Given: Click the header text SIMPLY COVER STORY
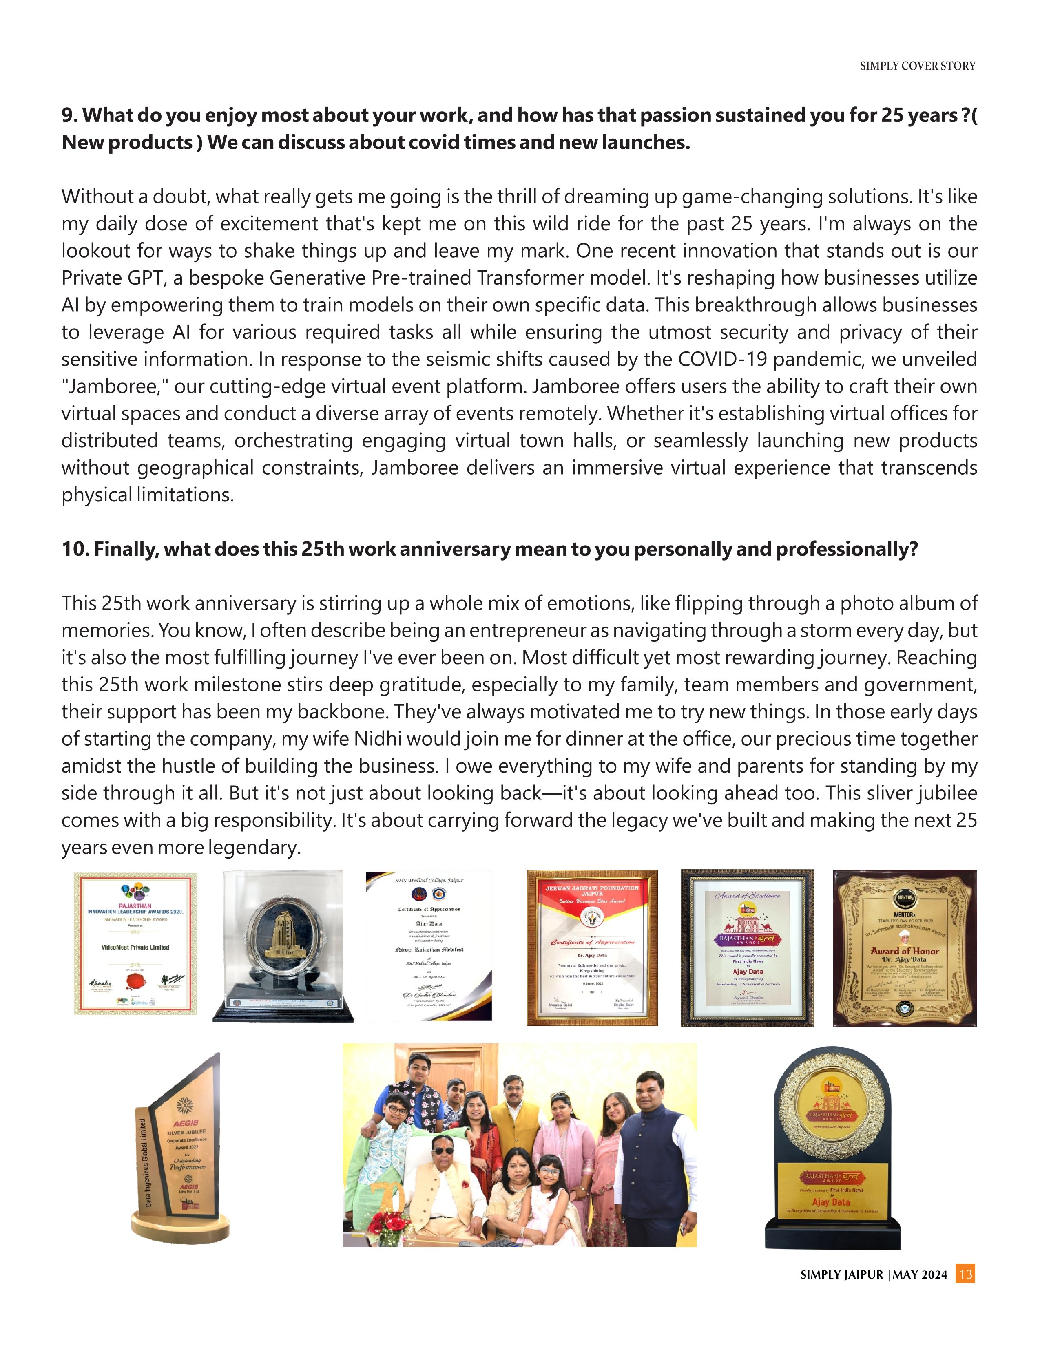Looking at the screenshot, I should [917, 66].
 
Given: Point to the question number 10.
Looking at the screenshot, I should [75, 549].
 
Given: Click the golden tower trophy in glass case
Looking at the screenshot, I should [283, 947].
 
